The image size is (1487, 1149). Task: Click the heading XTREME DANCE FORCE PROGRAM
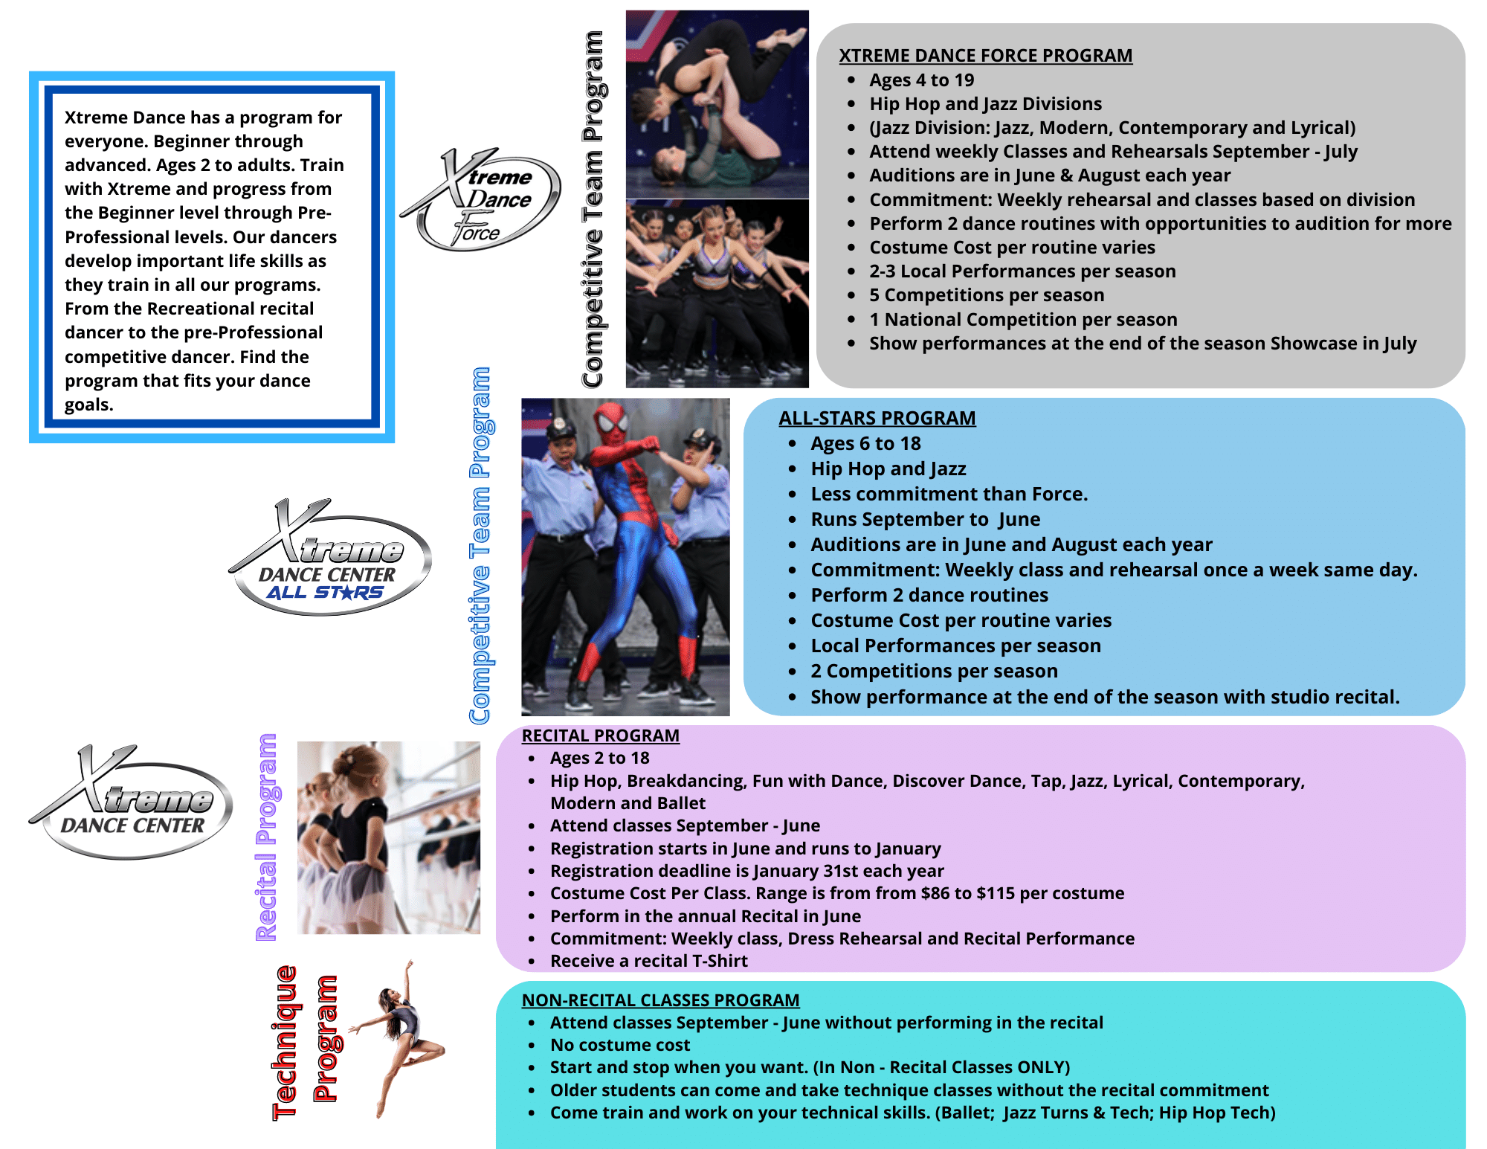[x=985, y=56]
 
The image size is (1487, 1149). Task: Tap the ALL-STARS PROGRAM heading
[x=877, y=418]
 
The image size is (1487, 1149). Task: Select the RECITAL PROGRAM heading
[x=601, y=736]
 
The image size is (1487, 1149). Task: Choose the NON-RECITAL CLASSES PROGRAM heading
[x=660, y=1000]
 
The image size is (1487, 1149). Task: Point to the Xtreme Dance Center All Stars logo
[x=329, y=557]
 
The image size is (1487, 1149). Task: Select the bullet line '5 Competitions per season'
[x=987, y=295]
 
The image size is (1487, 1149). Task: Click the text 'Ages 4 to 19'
[x=921, y=80]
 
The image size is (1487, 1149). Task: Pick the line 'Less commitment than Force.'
[x=949, y=494]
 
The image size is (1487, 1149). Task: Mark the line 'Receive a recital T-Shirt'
[x=648, y=961]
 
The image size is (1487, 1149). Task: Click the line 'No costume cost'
[x=620, y=1045]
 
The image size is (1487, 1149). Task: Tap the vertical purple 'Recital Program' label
[x=266, y=837]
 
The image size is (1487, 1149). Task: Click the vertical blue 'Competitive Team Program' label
[x=480, y=545]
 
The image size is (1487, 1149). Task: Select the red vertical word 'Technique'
[x=286, y=1043]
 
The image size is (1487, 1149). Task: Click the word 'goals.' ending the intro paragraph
[x=89, y=405]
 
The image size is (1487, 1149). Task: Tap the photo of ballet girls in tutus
[x=389, y=837]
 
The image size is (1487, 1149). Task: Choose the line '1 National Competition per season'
[x=1023, y=320]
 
